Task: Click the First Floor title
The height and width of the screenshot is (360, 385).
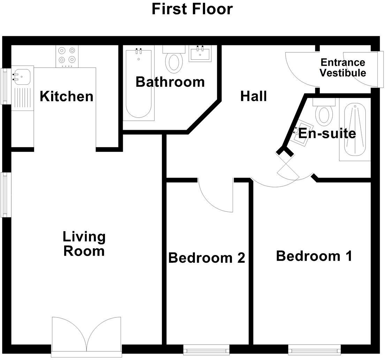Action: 192,9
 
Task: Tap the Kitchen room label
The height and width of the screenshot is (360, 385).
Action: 66,96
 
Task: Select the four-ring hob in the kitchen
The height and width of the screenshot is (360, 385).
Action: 67,56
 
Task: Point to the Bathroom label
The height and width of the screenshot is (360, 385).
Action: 170,82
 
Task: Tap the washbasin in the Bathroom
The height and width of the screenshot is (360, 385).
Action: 200,54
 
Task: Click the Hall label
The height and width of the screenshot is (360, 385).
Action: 254,96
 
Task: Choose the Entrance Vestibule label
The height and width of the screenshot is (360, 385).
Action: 343,68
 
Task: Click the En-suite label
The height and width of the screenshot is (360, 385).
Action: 327,133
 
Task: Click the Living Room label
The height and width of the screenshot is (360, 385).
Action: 84,243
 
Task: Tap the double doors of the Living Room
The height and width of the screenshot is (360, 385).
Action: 86,335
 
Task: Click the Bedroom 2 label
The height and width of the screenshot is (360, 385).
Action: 206,258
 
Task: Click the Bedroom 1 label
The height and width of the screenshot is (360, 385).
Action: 314,256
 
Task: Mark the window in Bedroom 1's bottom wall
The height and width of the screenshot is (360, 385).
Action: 314,349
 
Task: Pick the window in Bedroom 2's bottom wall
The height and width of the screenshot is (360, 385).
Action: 206,349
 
